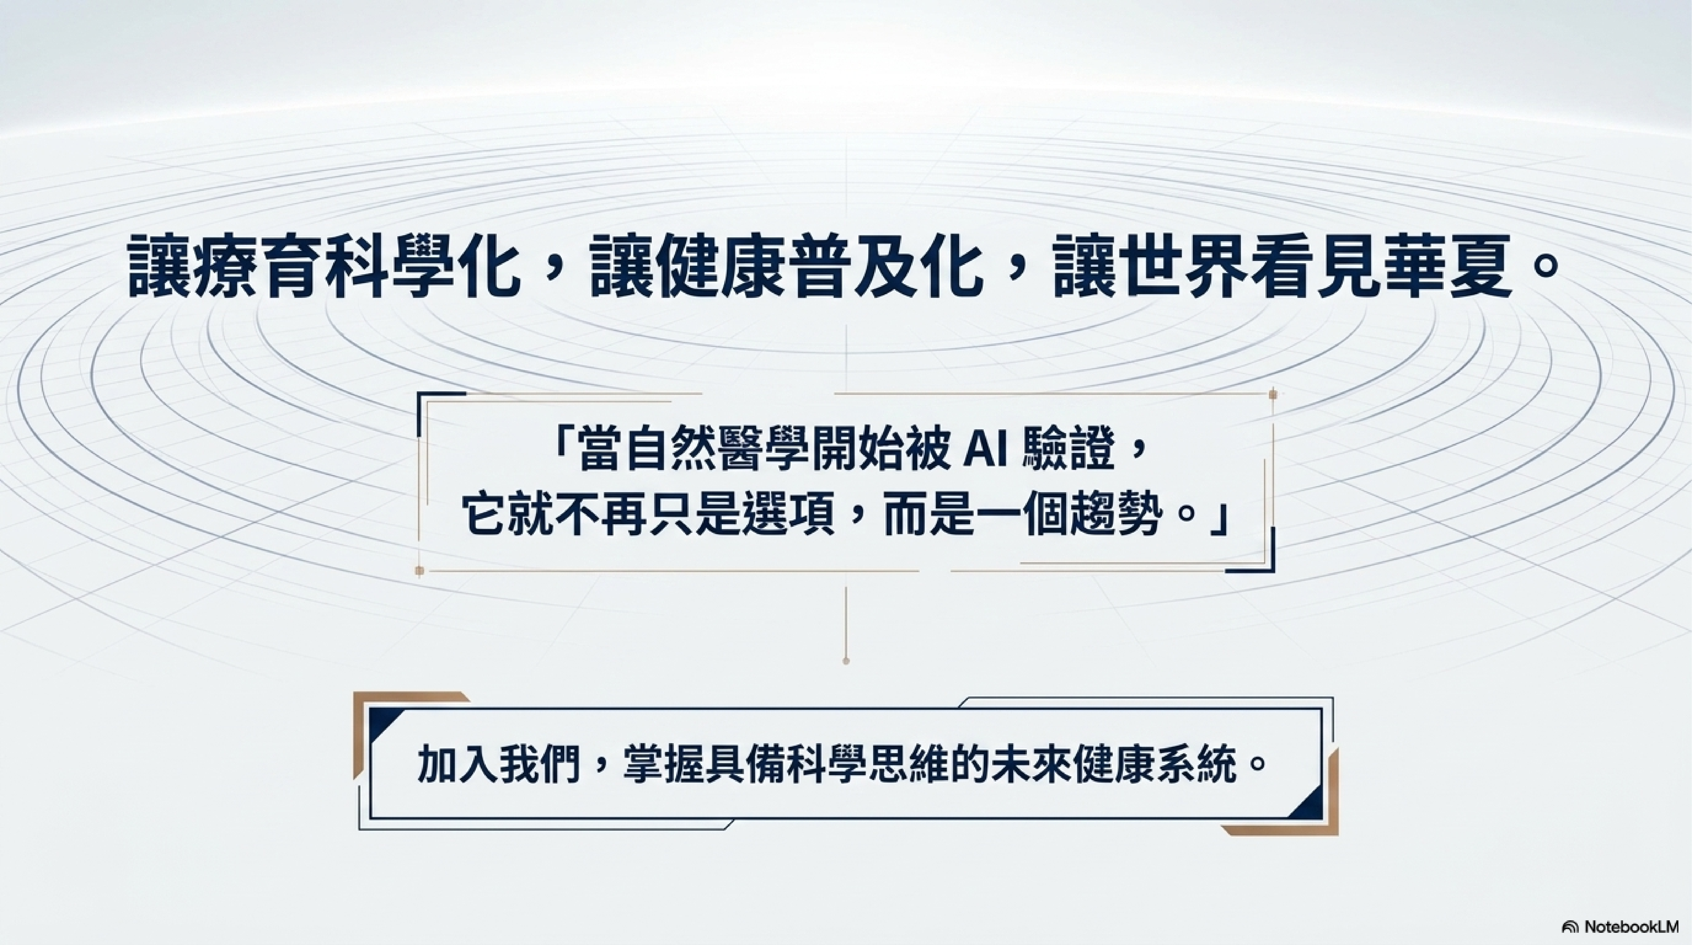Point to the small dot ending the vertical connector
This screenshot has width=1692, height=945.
846,661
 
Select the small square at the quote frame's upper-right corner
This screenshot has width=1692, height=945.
1273,394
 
